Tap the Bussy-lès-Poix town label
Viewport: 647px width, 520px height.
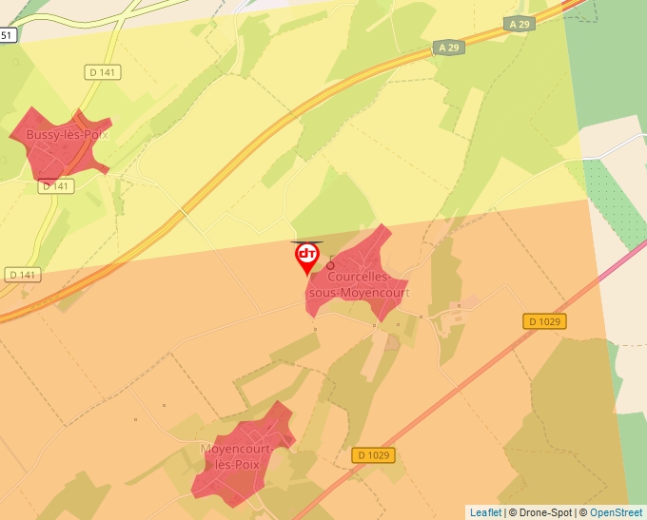(x=67, y=135)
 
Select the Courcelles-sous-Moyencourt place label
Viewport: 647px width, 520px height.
(x=360, y=284)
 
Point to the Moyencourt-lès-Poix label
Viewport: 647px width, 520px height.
(x=237, y=455)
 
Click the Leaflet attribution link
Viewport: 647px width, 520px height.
(x=485, y=512)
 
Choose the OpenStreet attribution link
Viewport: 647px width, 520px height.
(x=616, y=512)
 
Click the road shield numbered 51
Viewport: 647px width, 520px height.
(x=8, y=35)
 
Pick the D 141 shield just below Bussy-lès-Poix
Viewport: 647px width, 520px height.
(x=56, y=186)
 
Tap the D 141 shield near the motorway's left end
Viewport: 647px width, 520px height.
(x=22, y=275)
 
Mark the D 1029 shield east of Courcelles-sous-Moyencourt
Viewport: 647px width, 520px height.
(x=544, y=321)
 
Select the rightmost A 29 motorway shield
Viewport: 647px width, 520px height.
(x=520, y=23)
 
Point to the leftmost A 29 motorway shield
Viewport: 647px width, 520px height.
(x=449, y=47)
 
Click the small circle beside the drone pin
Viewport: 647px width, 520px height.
(x=331, y=265)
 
